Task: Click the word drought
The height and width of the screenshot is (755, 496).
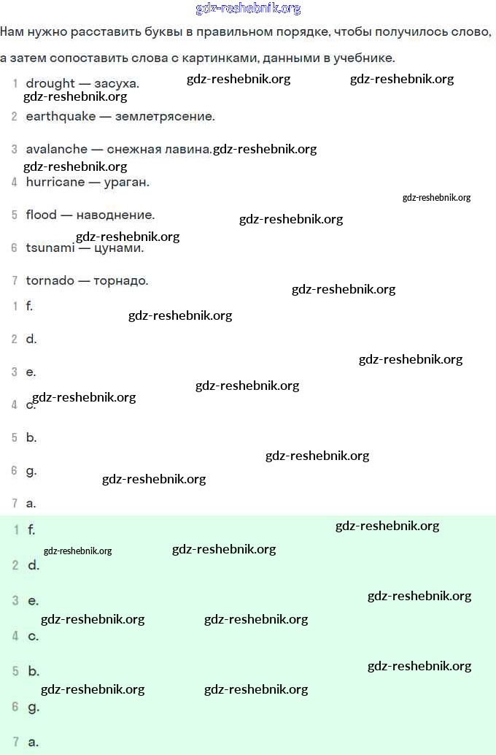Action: pyautogui.click(x=50, y=83)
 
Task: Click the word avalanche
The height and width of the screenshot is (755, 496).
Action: pyautogui.click(x=56, y=149)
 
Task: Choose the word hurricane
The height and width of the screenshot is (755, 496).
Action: pyautogui.click(x=55, y=182)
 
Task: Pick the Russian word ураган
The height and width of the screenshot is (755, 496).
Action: pyautogui.click(x=127, y=182)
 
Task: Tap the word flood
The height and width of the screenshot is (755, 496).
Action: pyautogui.click(x=41, y=215)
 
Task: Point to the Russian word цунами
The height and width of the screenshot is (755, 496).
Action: pyautogui.click(x=118, y=248)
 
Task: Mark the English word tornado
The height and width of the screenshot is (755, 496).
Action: pyautogui.click(x=50, y=280)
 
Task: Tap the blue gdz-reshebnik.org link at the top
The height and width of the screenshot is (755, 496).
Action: pyautogui.click(x=248, y=9)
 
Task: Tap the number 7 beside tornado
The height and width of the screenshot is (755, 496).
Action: pyautogui.click(x=15, y=280)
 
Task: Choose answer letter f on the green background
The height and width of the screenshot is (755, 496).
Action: pyautogui.click(x=31, y=529)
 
